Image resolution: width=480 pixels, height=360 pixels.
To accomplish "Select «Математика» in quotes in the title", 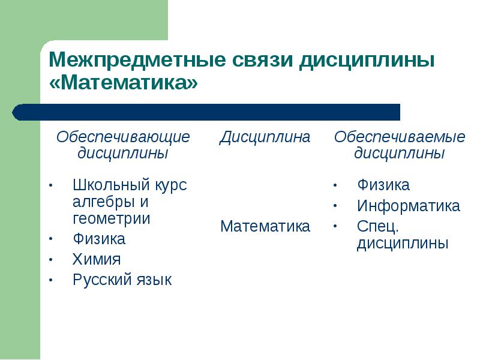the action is coord(124,82).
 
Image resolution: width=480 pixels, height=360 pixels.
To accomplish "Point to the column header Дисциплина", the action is coord(265,137).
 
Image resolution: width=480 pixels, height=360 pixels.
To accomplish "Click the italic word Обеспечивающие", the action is coord(123,137).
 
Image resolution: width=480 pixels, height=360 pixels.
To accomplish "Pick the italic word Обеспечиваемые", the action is coord(400,137).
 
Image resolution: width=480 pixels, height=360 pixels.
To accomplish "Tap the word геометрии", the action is coord(112,219).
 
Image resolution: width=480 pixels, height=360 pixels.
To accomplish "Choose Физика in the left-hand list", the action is coord(99,239).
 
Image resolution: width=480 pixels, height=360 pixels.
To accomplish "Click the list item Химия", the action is coord(97,259).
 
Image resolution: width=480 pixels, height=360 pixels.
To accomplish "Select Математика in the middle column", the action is coord(265,226).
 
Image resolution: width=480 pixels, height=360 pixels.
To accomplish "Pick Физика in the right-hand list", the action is coord(383,185).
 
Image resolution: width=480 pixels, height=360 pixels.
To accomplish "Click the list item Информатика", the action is coord(409,206).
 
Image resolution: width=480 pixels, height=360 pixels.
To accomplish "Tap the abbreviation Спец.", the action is coord(378,227).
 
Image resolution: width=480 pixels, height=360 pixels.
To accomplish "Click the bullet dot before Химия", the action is coord(51,260).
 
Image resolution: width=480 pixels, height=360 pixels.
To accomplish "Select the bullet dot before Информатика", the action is coord(335,206).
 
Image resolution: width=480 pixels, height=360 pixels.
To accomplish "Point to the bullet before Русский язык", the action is coord(51,280).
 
